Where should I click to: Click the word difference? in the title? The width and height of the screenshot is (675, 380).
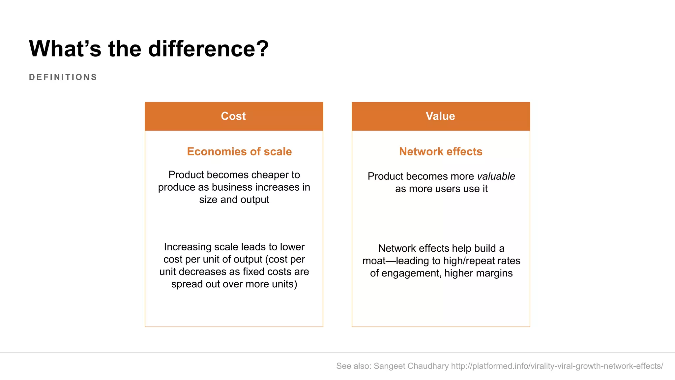(208, 49)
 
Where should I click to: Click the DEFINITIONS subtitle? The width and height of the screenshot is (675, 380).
(63, 77)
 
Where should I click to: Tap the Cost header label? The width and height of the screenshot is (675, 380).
(233, 116)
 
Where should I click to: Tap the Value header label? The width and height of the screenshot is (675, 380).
(440, 116)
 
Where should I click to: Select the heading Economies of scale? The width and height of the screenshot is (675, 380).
(239, 151)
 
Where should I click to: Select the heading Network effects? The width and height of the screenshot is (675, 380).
(441, 151)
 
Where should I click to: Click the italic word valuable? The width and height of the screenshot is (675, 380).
(496, 176)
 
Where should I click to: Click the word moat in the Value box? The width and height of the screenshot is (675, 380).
(374, 261)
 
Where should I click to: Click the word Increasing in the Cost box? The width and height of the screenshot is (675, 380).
(188, 247)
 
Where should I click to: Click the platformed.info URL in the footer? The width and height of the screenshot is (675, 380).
(557, 366)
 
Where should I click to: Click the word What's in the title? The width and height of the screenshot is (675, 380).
(65, 49)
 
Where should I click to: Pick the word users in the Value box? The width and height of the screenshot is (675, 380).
(448, 189)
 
